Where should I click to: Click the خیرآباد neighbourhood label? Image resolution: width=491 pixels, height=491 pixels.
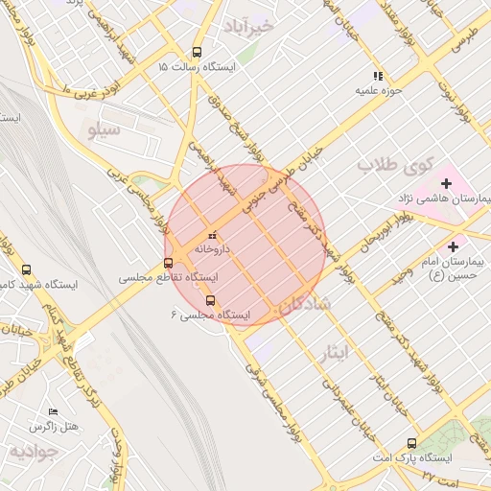[x=247, y=25]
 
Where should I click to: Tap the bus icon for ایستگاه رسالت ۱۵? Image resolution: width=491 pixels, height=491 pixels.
[x=197, y=53]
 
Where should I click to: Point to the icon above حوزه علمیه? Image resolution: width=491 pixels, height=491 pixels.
[x=379, y=76]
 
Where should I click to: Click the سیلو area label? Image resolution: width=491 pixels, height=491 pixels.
[x=104, y=128]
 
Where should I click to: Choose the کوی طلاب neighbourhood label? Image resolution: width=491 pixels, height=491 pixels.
[x=396, y=165]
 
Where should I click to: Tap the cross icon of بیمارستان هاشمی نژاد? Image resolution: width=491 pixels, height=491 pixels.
[x=446, y=183]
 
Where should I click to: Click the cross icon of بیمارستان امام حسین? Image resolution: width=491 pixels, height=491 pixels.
[x=452, y=246]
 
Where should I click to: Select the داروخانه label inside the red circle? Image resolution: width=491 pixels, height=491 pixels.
[x=213, y=248]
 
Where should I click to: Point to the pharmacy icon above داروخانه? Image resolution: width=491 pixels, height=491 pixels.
[x=213, y=234]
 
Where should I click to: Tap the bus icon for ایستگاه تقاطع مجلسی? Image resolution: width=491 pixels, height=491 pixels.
[x=169, y=263]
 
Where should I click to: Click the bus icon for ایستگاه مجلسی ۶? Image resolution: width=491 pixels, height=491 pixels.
[x=211, y=300]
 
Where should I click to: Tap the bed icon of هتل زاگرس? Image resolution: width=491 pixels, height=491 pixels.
[x=52, y=410]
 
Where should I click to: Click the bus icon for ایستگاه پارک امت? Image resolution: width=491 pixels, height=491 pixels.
[x=412, y=443]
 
